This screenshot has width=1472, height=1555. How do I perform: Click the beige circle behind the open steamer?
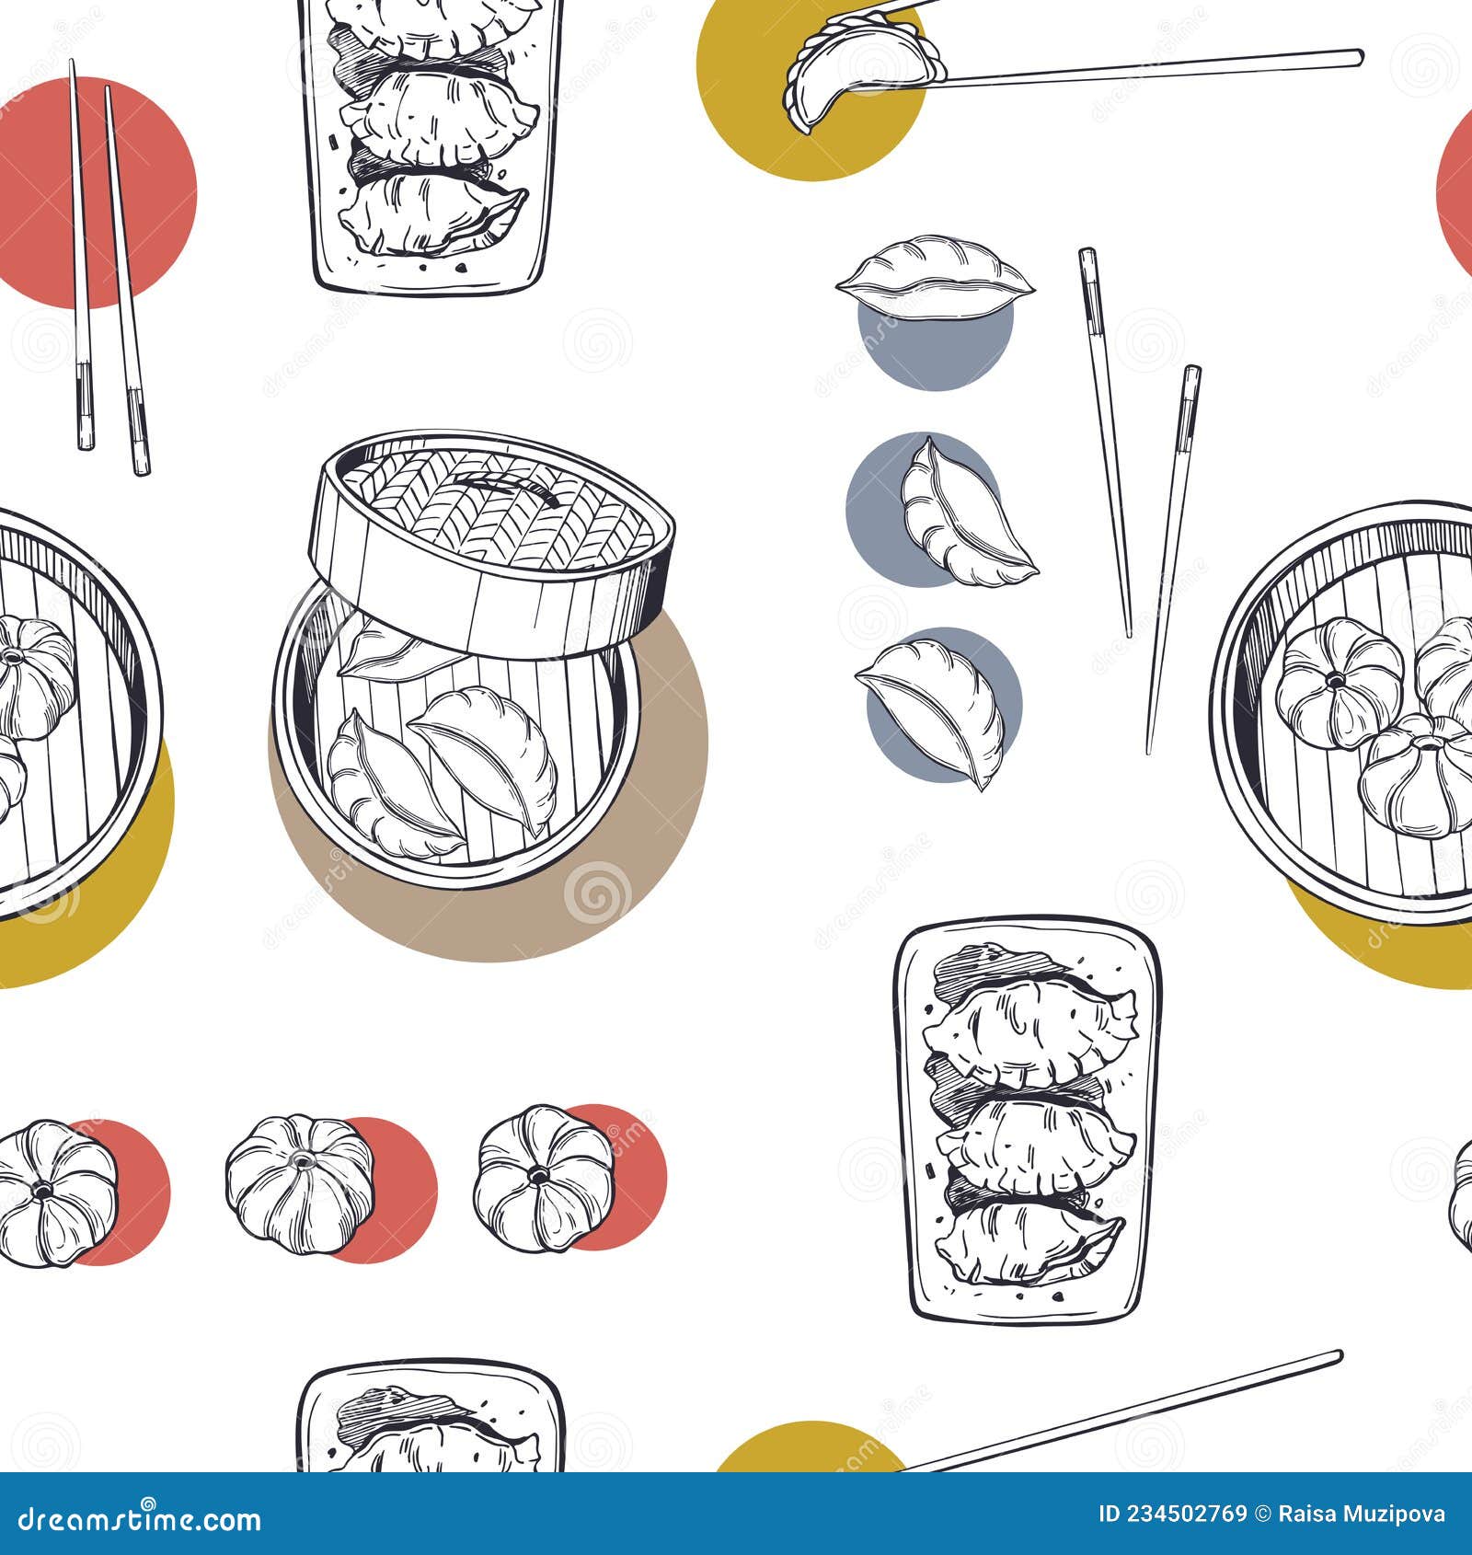tap(589, 902)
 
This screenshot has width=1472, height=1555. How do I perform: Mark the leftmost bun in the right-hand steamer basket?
tap(1341, 681)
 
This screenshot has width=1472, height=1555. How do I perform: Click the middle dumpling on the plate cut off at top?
tap(439, 115)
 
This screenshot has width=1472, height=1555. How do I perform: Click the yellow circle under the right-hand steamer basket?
tap(1380, 948)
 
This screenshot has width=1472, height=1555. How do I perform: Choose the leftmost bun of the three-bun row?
tap(55, 1192)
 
